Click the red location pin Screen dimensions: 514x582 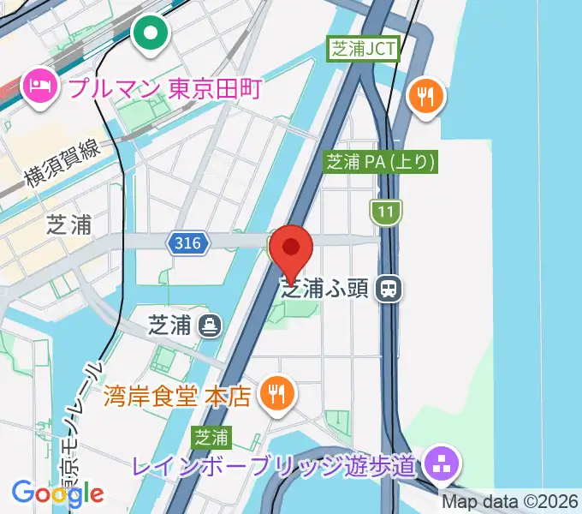click(x=291, y=249)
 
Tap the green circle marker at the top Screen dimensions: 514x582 click(x=151, y=34)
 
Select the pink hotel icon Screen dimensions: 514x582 click(x=39, y=86)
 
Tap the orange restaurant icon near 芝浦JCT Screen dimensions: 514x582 click(x=425, y=93)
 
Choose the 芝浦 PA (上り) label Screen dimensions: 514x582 click(x=381, y=161)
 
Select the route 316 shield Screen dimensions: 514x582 click(x=187, y=244)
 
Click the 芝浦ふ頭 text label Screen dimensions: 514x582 click(x=324, y=289)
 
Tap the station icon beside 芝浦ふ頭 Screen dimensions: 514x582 click(x=389, y=289)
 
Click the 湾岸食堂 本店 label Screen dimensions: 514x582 click(x=177, y=395)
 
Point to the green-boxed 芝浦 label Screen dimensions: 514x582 click(x=211, y=438)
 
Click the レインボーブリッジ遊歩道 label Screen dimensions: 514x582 click(x=274, y=467)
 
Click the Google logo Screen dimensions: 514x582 click(x=57, y=493)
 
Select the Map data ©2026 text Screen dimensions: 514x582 click(x=510, y=501)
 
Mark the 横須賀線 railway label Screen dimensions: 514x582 click(x=62, y=164)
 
